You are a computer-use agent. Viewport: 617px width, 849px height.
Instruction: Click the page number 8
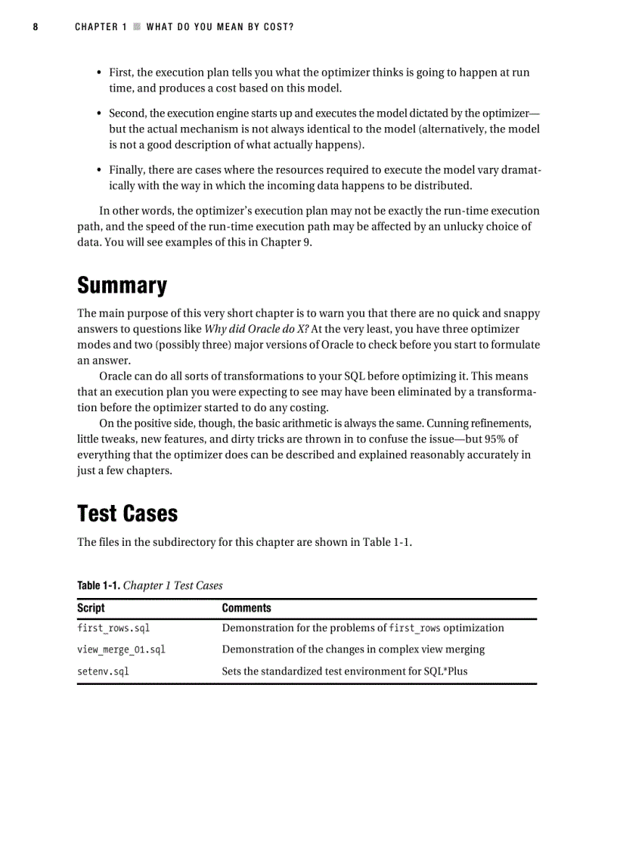pos(36,27)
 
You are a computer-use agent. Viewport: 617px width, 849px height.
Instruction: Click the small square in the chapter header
pos(136,27)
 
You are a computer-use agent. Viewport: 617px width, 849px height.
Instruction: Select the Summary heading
pos(122,286)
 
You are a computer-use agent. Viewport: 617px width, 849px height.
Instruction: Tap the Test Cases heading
pos(127,513)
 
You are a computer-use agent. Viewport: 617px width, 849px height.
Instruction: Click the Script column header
pos(91,608)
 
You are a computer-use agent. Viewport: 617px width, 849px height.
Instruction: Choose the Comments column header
pos(246,608)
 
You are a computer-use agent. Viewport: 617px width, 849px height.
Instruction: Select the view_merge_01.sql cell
pos(121,649)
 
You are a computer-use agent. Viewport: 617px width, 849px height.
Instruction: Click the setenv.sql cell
pos(103,671)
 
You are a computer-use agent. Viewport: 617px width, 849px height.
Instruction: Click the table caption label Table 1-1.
pos(98,586)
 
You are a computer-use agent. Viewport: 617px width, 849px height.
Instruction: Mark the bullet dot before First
pos(100,73)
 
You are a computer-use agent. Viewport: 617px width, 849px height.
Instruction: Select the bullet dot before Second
pos(100,113)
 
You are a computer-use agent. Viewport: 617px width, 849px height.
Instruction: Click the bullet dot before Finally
pos(100,170)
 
